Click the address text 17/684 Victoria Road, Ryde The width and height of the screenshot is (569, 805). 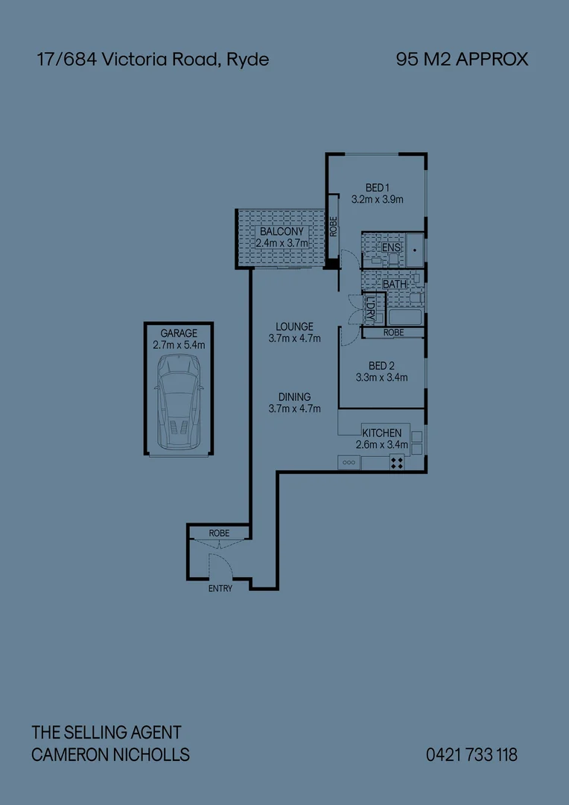point(153,60)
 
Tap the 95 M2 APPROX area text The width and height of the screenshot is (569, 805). point(462,60)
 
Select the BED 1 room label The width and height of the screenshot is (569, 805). point(378,188)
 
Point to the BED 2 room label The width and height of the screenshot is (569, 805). point(381,366)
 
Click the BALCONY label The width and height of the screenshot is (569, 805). point(281,232)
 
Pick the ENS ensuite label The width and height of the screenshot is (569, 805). point(391,247)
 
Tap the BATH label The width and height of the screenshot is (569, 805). point(395,285)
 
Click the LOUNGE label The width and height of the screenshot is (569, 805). point(294,326)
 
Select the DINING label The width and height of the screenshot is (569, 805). point(294,397)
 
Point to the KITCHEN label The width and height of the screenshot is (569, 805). point(381,433)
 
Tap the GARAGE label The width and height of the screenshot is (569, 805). point(179,333)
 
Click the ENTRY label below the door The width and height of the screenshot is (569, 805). point(220,588)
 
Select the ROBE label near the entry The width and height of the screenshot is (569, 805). point(219,534)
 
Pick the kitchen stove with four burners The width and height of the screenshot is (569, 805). point(397,463)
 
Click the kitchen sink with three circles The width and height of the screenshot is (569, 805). point(349,463)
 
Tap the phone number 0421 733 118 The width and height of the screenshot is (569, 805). point(471,755)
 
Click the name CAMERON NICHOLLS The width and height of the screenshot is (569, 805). point(110,755)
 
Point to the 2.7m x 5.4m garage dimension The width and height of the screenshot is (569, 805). point(179,345)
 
